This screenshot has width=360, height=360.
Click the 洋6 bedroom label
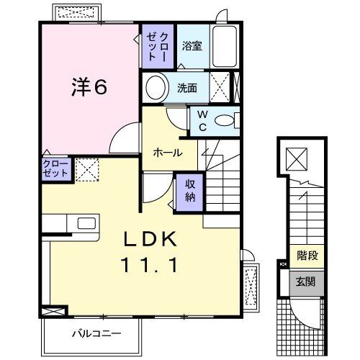click(x=90, y=86)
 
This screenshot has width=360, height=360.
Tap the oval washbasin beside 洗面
click(x=156, y=88)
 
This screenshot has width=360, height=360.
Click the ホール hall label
click(x=166, y=153)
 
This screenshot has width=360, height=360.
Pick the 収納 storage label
click(x=190, y=191)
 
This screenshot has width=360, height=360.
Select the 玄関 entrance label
click(x=307, y=281)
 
